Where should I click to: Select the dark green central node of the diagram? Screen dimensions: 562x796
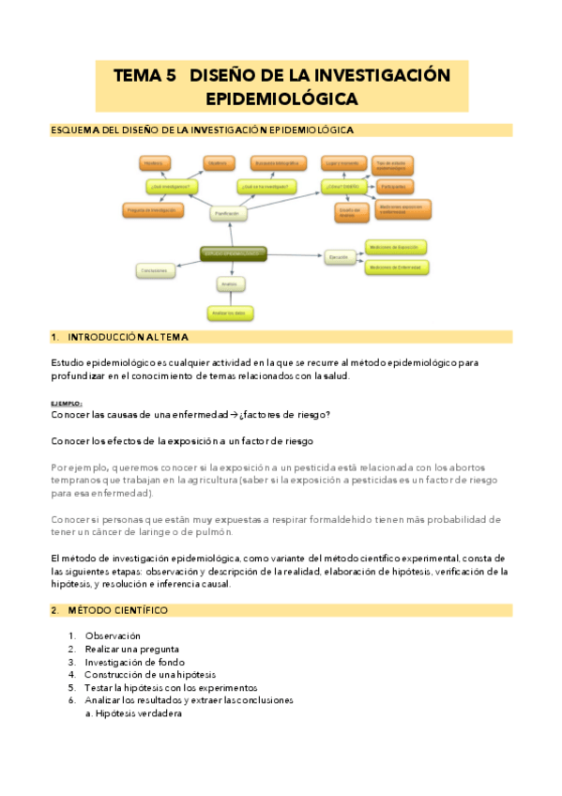click(234, 253)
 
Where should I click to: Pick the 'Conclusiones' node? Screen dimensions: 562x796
click(154, 271)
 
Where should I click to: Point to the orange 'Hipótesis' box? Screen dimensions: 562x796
click(153, 163)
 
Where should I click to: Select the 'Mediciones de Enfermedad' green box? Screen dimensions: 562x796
click(396, 268)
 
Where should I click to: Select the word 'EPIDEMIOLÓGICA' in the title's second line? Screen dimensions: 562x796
click(281, 99)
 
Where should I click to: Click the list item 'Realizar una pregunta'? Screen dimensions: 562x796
click(132, 649)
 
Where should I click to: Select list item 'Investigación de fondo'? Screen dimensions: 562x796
click(135, 662)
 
